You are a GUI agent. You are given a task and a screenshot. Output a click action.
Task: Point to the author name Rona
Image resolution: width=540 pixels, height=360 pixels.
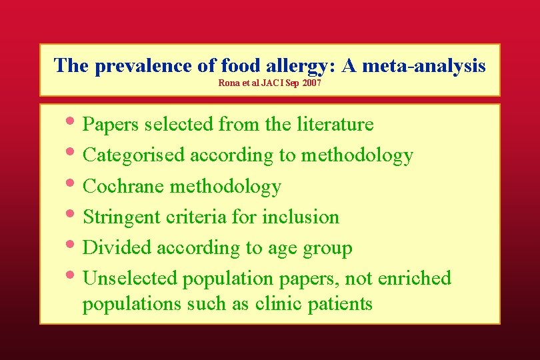[x=228, y=84]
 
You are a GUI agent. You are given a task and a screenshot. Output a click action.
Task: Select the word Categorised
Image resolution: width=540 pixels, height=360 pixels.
[x=134, y=155]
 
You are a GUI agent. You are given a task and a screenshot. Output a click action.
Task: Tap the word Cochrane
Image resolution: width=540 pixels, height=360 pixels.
[x=124, y=186]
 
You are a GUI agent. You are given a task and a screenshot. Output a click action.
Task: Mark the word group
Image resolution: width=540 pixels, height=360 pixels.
[x=327, y=249]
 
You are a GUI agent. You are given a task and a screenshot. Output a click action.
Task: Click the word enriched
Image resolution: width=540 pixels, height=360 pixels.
[x=415, y=278]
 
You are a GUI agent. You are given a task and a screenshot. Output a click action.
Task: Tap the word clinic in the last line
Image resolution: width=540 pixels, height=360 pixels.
[x=277, y=304]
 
